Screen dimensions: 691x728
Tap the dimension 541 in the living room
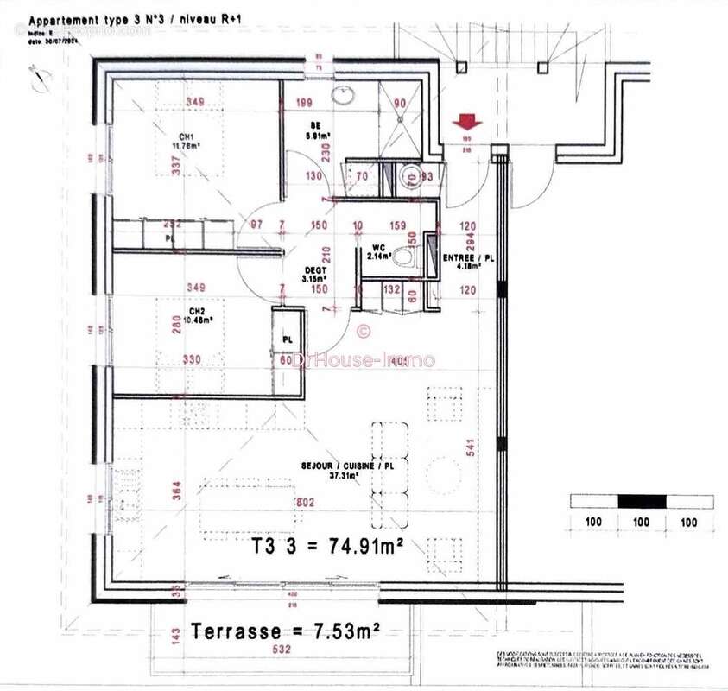[471, 447]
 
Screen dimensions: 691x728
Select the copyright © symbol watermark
[364, 329]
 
